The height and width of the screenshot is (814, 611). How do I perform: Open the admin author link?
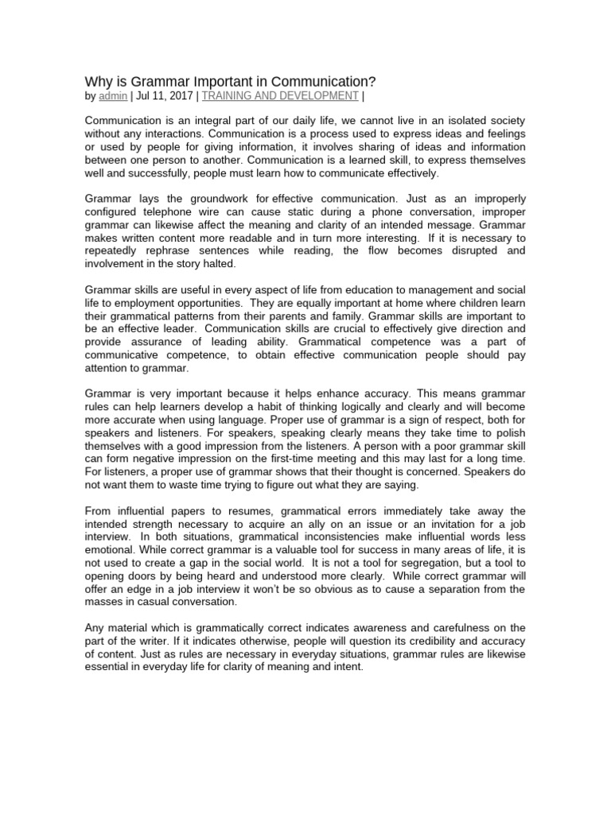coord(112,96)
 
